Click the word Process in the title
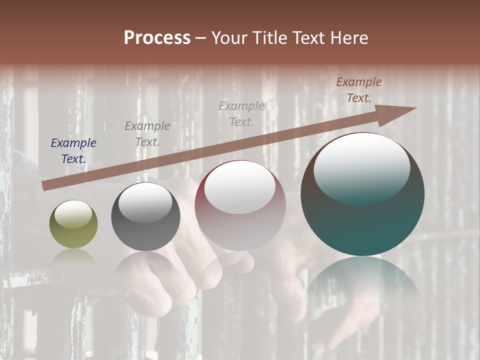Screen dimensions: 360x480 point(157,38)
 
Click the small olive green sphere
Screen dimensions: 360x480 point(73,224)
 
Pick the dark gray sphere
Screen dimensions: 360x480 point(145,217)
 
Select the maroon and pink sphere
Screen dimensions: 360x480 point(240,206)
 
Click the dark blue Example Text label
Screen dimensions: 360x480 point(73,151)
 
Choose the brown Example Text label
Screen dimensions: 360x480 point(359,90)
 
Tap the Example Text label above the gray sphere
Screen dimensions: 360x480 point(147,133)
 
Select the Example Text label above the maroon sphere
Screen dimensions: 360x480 point(241,113)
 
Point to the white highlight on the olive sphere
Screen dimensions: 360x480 point(73,215)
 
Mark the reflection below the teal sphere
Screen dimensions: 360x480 point(363,280)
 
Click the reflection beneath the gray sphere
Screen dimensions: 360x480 point(145,267)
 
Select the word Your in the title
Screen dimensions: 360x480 point(229,38)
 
